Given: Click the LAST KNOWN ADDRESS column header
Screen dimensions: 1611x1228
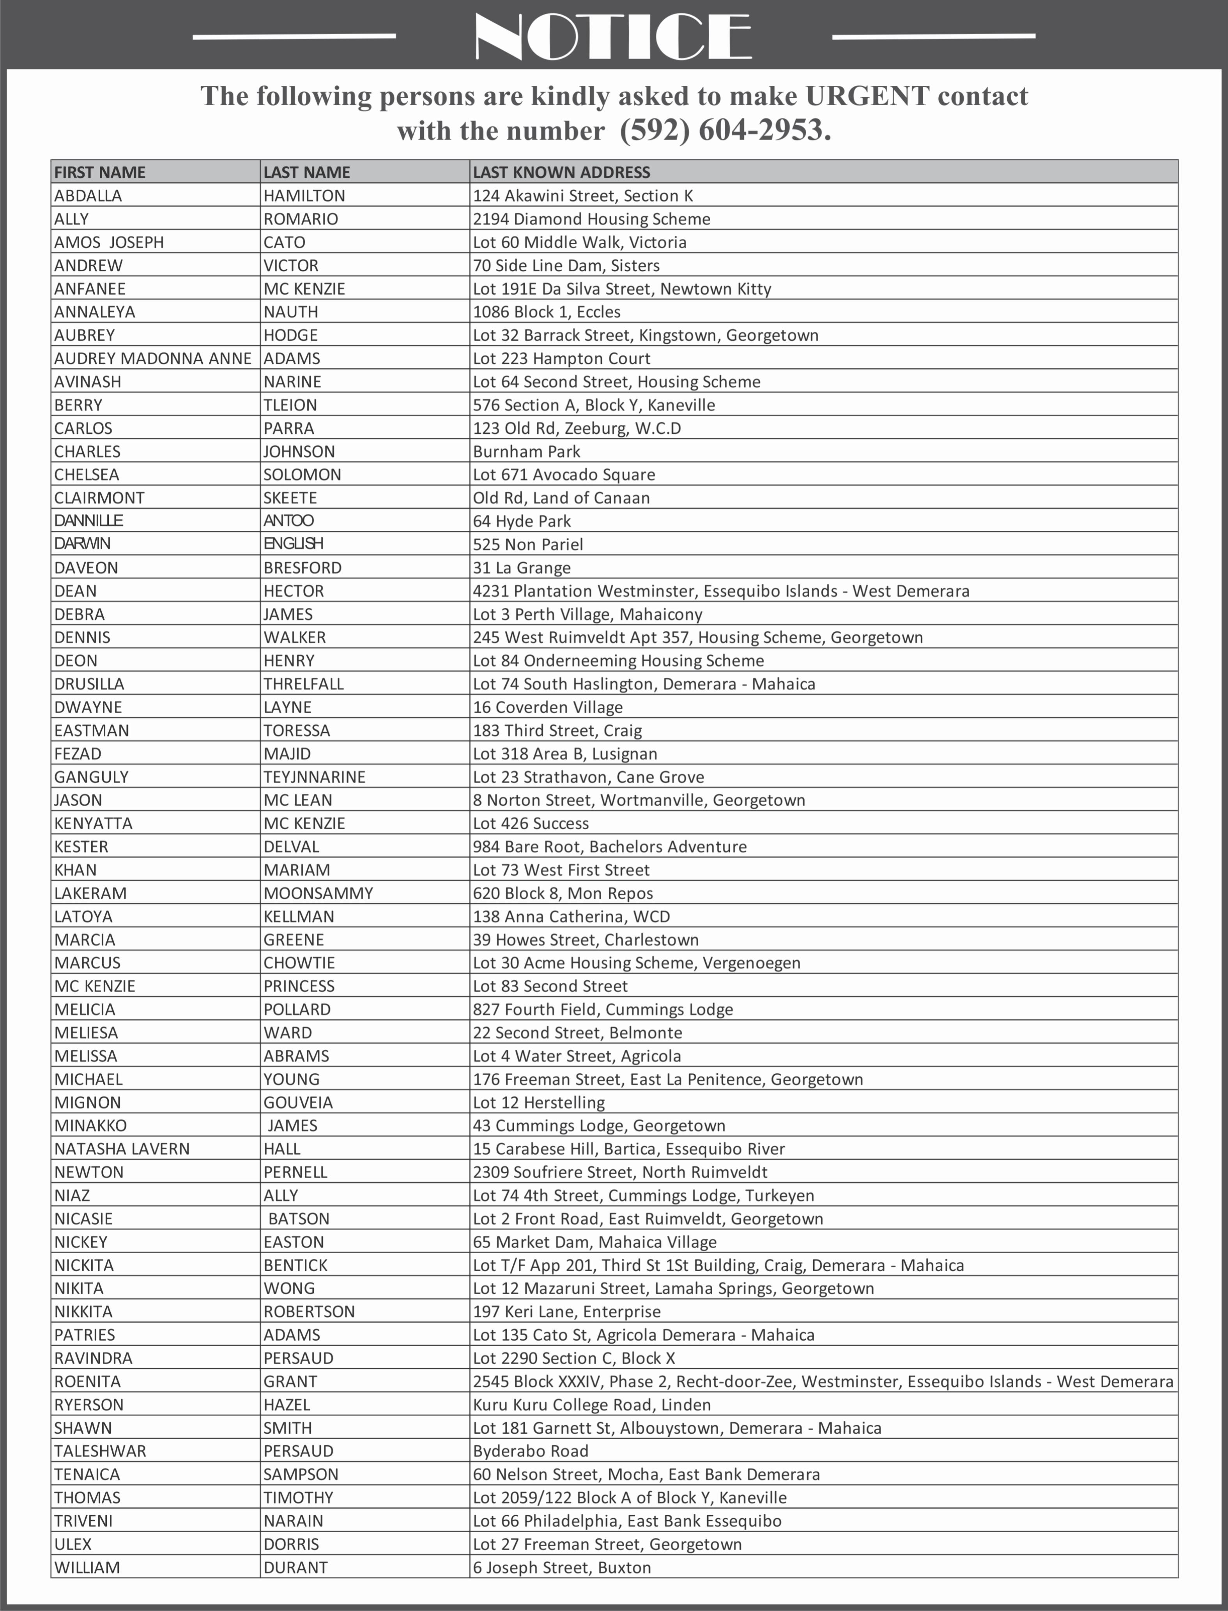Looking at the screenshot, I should point(561,172).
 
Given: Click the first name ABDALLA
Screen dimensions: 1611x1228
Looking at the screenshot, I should point(88,196).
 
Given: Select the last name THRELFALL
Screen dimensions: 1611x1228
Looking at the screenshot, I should point(303,684).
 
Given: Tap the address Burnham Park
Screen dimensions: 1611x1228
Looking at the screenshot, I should point(526,452).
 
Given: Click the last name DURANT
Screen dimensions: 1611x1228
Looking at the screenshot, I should point(295,1568).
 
